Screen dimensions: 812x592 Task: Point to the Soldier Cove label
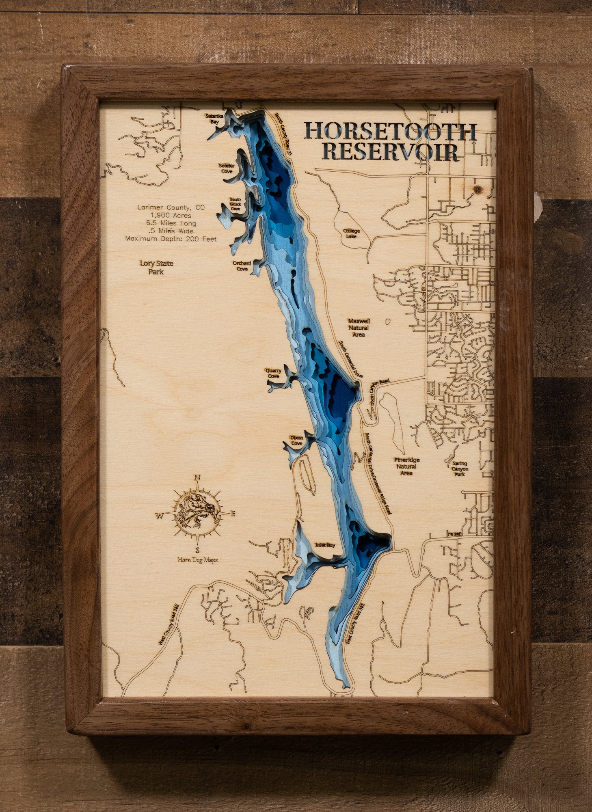pyautogui.click(x=227, y=168)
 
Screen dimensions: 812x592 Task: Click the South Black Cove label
pyautogui.click(x=235, y=204)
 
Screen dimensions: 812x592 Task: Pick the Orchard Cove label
pyautogui.click(x=242, y=266)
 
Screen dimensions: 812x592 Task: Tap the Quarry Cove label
pyautogui.click(x=273, y=373)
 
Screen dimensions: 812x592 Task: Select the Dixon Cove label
pyautogui.click(x=296, y=441)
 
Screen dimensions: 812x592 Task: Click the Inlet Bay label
pyautogui.click(x=325, y=545)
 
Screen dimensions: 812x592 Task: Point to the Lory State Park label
pyautogui.click(x=156, y=268)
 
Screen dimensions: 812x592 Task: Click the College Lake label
pyautogui.click(x=351, y=233)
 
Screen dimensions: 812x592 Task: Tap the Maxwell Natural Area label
pyautogui.click(x=359, y=328)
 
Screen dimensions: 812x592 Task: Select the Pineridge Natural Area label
pyautogui.click(x=406, y=466)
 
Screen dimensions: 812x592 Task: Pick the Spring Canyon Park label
pyautogui.click(x=460, y=469)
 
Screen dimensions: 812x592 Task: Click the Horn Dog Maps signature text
pyautogui.click(x=197, y=560)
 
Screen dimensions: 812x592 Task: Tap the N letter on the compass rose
pyautogui.click(x=198, y=477)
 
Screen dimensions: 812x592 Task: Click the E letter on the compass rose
pyautogui.click(x=233, y=514)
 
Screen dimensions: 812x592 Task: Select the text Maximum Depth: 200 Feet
pyautogui.click(x=171, y=239)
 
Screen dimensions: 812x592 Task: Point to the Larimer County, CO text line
pyautogui.click(x=171, y=207)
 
